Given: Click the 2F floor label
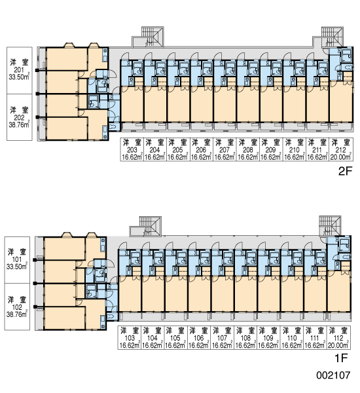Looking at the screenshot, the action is pyautogui.click(x=345, y=171).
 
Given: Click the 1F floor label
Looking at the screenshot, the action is pyautogui.click(x=341, y=358).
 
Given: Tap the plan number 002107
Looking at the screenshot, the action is pyautogui.click(x=333, y=375).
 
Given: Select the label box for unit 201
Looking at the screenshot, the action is pyautogui.click(x=20, y=71).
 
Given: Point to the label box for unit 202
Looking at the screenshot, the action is pyautogui.click(x=20, y=117).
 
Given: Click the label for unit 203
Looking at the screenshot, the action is pyautogui.click(x=132, y=149).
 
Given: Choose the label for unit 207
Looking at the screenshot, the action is pyautogui.click(x=225, y=149).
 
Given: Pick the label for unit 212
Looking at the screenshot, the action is pyautogui.click(x=341, y=149).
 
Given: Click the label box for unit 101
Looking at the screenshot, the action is pyautogui.click(x=17, y=260).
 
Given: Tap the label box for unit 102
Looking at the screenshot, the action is pyautogui.click(x=17, y=307).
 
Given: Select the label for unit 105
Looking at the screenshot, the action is pyautogui.click(x=175, y=337).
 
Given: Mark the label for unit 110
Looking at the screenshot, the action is pyautogui.click(x=292, y=337).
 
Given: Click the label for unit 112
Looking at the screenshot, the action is pyautogui.click(x=338, y=337).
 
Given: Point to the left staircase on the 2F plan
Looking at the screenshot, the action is pyautogui.click(x=149, y=37).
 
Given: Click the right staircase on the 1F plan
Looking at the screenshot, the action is pyautogui.click(x=330, y=225).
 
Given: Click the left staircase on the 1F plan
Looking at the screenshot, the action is pyautogui.click(x=146, y=226).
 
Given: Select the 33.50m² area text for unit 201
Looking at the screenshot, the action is pyautogui.click(x=19, y=77).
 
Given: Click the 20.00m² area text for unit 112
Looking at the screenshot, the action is pyautogui.click(x=338, y=345).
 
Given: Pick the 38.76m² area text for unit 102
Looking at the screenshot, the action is pyautogui.click(x=17, y=314).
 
